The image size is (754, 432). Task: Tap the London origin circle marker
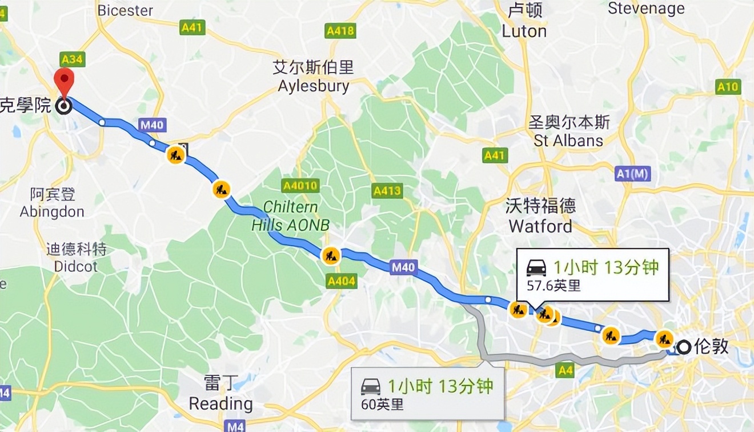tap(684, 346)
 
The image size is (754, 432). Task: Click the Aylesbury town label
tap(314, 86)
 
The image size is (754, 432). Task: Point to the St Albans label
tap(568, 141)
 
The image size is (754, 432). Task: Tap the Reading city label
tap(220, 403)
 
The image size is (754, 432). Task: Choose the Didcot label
tap(76, 266)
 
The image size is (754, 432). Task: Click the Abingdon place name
tap(52, 211)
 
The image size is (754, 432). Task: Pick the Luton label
tap(524, 31)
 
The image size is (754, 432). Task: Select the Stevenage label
tap(646, 9)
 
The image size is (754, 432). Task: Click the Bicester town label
tap(126, 10)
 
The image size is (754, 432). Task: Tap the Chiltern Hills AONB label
tap(291, 216)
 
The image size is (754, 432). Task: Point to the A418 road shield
tap(340, 31)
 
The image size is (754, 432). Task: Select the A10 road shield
tap(728, 87)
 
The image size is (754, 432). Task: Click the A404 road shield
tap(342, 281)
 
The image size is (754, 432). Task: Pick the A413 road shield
tap(387, 191)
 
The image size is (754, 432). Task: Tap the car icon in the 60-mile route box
tap(371, 387)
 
